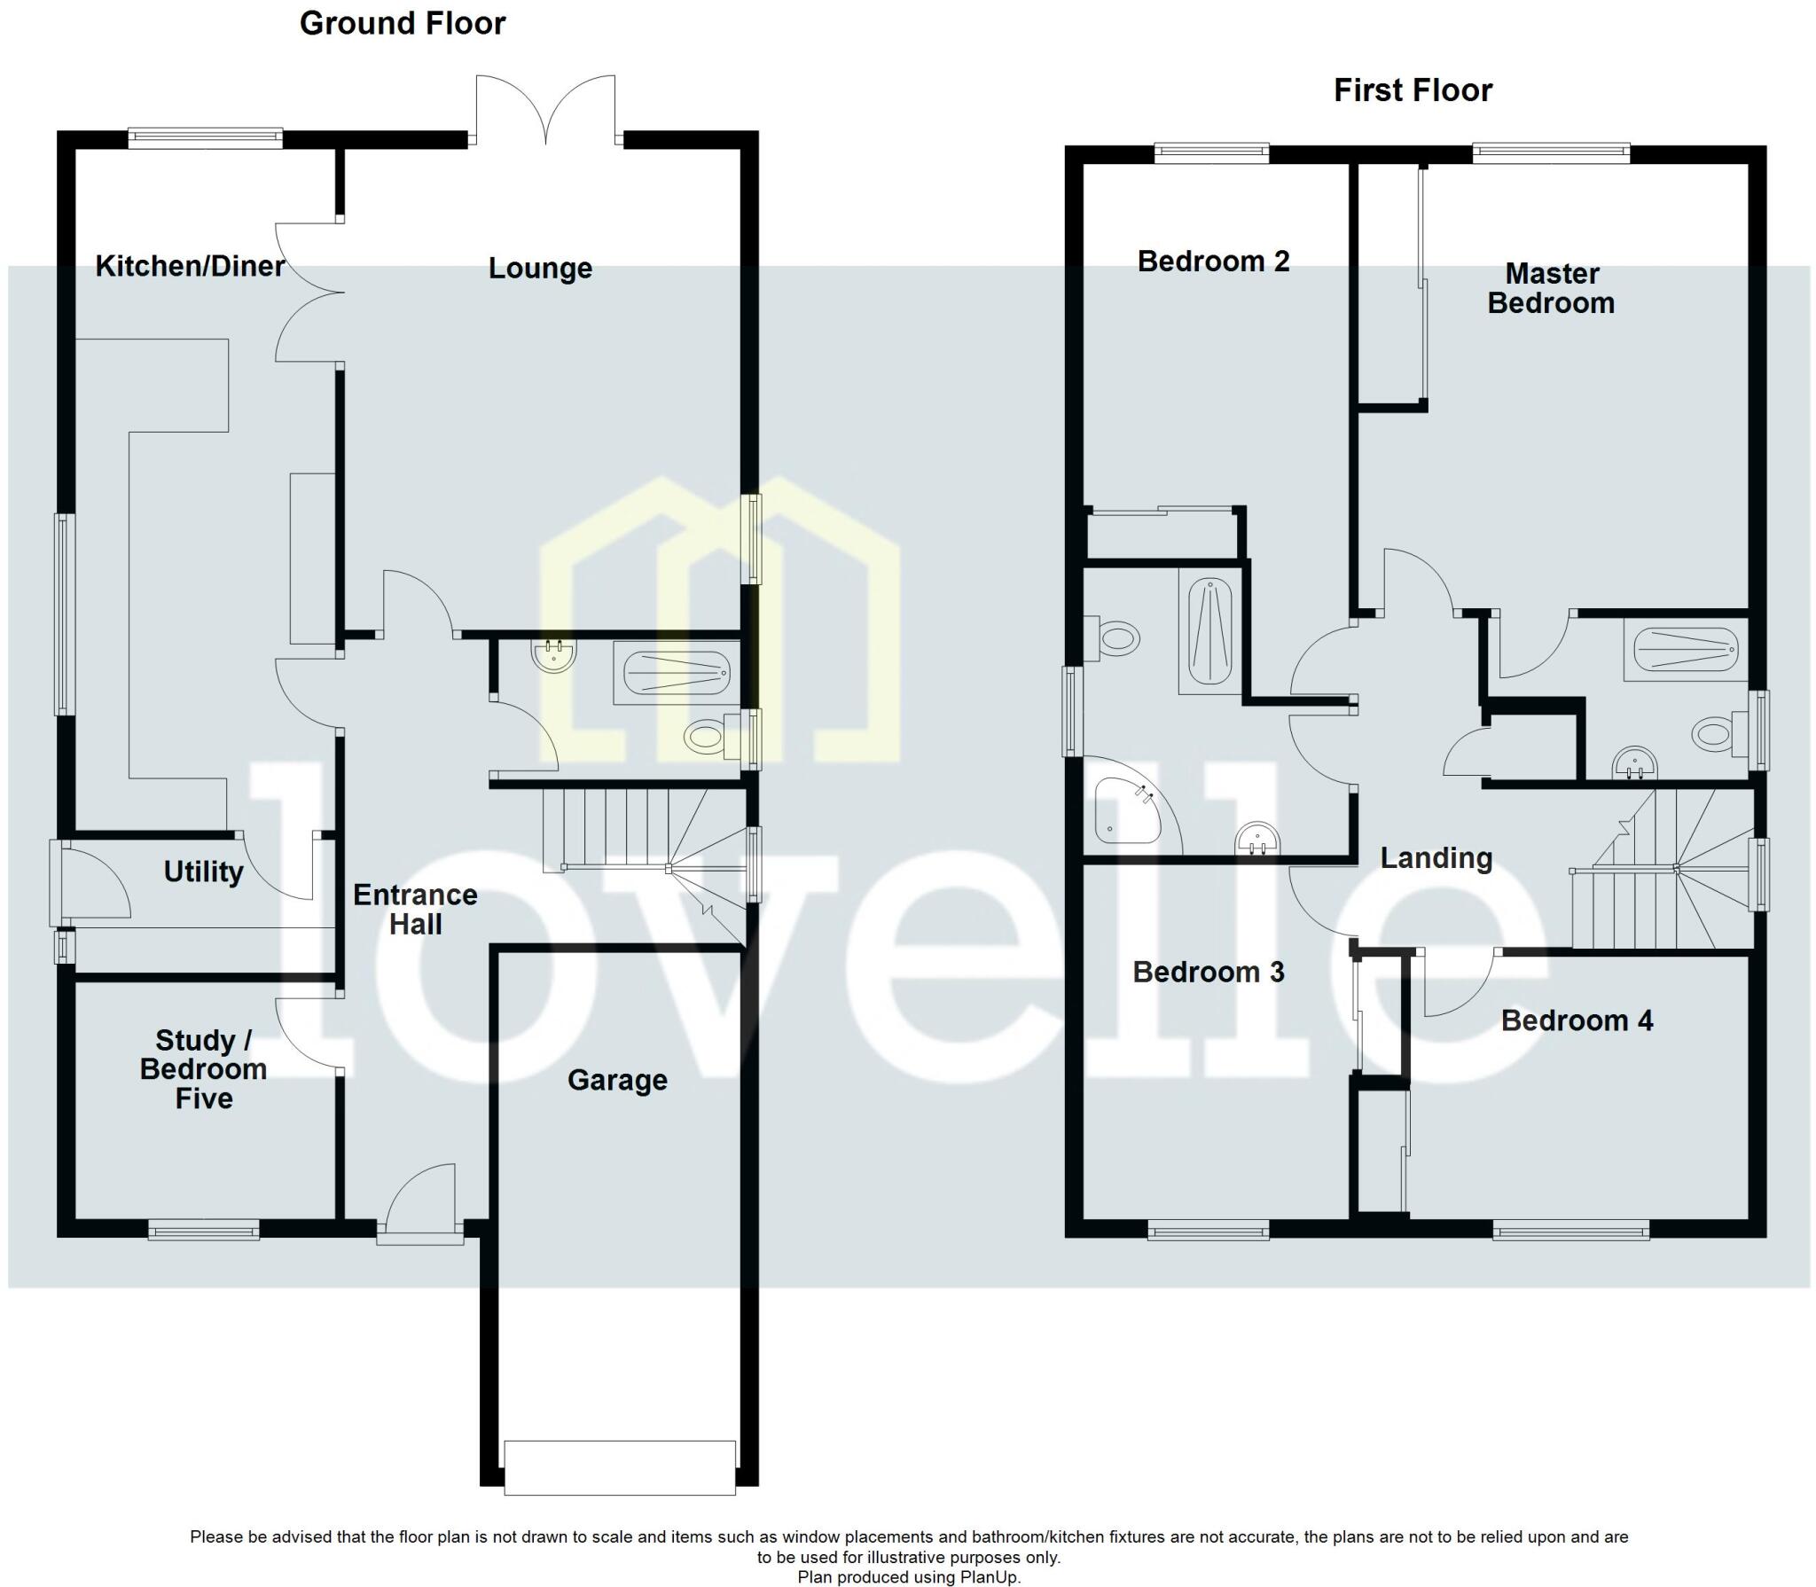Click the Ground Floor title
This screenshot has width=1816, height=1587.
(x=402, y=24)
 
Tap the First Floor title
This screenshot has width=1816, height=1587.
(x=1413, y=90)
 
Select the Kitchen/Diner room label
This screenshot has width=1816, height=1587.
(x=190, y=266)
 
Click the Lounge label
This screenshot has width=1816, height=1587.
(x=540, y=268)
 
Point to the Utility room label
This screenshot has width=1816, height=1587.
(x=203, y=872)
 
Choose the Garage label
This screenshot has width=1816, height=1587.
(x=617, y=1080)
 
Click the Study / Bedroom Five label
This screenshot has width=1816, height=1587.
(x=203, y=1069)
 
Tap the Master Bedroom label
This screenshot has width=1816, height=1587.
(x=1551, y=288)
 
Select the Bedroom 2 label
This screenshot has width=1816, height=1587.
(x=1213, y=262)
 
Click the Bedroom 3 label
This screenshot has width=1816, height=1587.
(x=1208, y=973)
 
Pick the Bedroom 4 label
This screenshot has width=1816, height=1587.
(x=1576, y=1020)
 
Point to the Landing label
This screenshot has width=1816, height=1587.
(x=1436, y=858)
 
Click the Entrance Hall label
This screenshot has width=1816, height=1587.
(x=415, y=910)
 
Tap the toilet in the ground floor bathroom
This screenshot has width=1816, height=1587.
(x=707, y=736)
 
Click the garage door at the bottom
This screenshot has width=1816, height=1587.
(x=619, y=1480)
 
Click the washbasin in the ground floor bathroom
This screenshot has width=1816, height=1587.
(x=554, y=655)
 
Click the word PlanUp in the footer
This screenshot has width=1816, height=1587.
(x=990, y=1577)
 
